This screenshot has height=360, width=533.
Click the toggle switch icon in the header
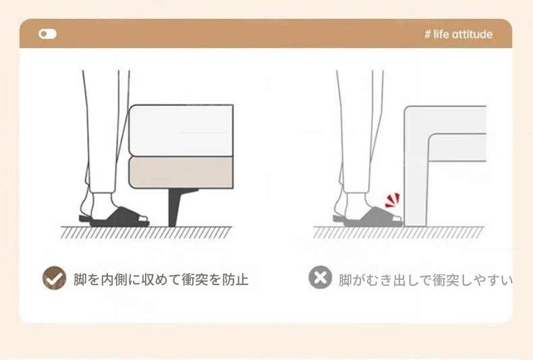point(48,34)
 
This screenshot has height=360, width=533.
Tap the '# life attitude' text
point(459,34)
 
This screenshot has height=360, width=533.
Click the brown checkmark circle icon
point(55,278)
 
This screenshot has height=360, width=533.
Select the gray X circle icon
point(320,278)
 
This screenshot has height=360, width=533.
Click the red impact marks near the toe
point(392,200)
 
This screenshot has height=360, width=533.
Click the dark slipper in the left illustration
point(115,217)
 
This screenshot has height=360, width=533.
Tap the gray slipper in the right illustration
point(369,218)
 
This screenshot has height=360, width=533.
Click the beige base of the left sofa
point(181,173)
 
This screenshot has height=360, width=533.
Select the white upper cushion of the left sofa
point(181,130)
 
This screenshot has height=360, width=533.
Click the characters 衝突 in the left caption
point(195,280)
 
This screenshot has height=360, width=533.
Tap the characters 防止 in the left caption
point(235,280)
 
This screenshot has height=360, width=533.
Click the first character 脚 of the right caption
point(345,280)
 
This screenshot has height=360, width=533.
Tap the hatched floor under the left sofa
point(146,233)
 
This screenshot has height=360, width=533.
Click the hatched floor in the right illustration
point(398,233)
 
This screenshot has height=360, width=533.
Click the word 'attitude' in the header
point(472,34)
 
